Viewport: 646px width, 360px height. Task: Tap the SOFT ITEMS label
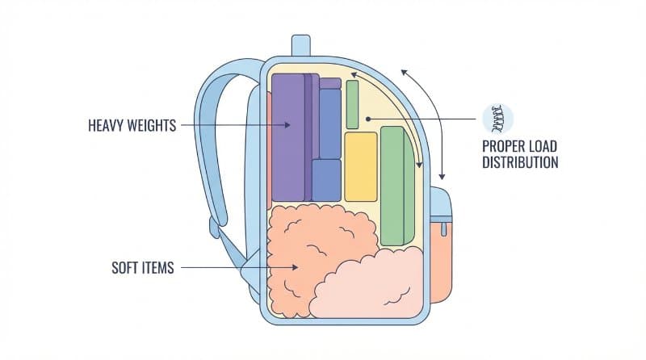142,267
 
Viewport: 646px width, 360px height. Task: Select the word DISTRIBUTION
521,162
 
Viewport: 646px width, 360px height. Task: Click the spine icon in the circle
497,119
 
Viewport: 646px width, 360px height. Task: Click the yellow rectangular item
361,166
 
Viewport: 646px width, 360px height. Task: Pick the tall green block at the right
393,186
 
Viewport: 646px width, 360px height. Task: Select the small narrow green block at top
352,104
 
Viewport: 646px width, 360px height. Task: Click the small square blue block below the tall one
326,180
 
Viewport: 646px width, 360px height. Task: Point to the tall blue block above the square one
329,123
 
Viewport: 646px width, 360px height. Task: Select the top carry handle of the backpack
300,45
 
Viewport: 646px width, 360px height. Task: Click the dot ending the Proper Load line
367,119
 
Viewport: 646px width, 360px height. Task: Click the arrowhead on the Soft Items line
296,267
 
